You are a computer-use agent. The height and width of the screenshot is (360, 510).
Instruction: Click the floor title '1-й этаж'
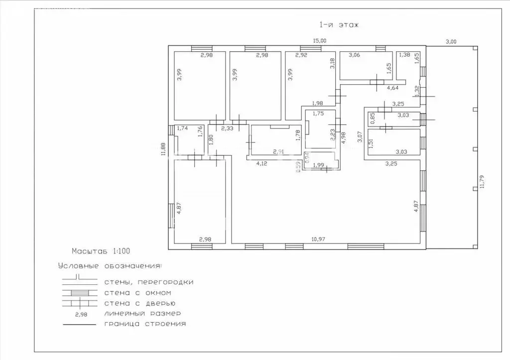[339, 25]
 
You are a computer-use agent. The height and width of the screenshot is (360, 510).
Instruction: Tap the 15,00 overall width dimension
[319, 41]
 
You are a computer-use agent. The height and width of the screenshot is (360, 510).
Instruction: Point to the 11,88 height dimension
[163, 149]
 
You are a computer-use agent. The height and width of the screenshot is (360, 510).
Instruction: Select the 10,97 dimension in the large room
[318, 239]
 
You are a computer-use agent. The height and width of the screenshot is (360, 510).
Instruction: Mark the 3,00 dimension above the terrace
[451, 42]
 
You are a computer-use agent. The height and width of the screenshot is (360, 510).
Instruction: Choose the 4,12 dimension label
[261, 163]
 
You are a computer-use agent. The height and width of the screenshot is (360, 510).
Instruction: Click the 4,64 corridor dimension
[392, 88]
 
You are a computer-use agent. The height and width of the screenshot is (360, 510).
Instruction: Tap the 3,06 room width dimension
[354, 55]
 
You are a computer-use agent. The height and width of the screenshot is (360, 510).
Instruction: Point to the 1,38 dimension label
[404, 55]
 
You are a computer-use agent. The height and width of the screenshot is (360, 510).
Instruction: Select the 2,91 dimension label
[279, 151]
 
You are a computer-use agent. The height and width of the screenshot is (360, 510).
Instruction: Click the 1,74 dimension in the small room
[182, 128]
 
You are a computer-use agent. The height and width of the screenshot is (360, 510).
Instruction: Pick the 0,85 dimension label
[373, 118]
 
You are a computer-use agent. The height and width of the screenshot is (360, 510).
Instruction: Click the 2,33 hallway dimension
[227, 128]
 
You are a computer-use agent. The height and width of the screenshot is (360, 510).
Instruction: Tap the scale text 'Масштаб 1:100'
[101, 251]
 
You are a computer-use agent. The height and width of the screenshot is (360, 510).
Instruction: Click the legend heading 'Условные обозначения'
[110, 266]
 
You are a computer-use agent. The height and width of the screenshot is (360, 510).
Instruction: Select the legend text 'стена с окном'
[137, 293]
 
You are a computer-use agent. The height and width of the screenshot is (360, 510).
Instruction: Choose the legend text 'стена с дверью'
[140, 303]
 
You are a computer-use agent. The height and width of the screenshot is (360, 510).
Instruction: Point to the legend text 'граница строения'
[145, 324]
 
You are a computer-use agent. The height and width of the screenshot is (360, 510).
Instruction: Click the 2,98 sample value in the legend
[81, 315]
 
